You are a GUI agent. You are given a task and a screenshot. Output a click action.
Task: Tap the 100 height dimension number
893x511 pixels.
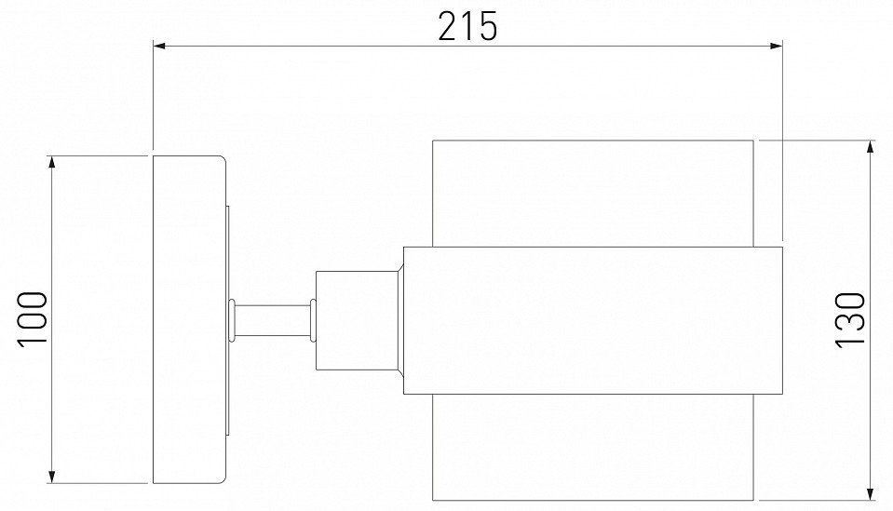[34, 318]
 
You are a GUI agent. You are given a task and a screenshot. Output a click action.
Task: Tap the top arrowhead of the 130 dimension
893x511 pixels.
[871, 147]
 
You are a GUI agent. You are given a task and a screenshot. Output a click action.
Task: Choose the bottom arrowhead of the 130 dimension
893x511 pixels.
[871, 492]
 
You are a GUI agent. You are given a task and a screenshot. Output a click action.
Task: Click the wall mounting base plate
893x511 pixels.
[188, 318]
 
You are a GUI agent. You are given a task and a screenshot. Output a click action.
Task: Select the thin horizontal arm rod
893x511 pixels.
[273, 318]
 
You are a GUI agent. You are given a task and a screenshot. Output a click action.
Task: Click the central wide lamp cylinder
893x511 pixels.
[592, 319]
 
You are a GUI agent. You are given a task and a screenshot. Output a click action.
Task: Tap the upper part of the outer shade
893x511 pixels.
[592, 193]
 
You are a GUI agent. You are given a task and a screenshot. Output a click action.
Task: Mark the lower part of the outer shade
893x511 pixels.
[592, 446]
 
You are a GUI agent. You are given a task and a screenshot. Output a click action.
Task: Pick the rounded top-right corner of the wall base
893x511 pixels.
[222, 160]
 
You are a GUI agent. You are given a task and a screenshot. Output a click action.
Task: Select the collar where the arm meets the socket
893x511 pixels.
[313, 318]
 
